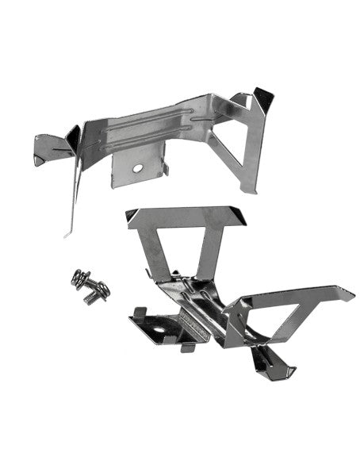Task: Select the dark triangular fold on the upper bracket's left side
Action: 73,140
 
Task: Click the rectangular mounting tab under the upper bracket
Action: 138,169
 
